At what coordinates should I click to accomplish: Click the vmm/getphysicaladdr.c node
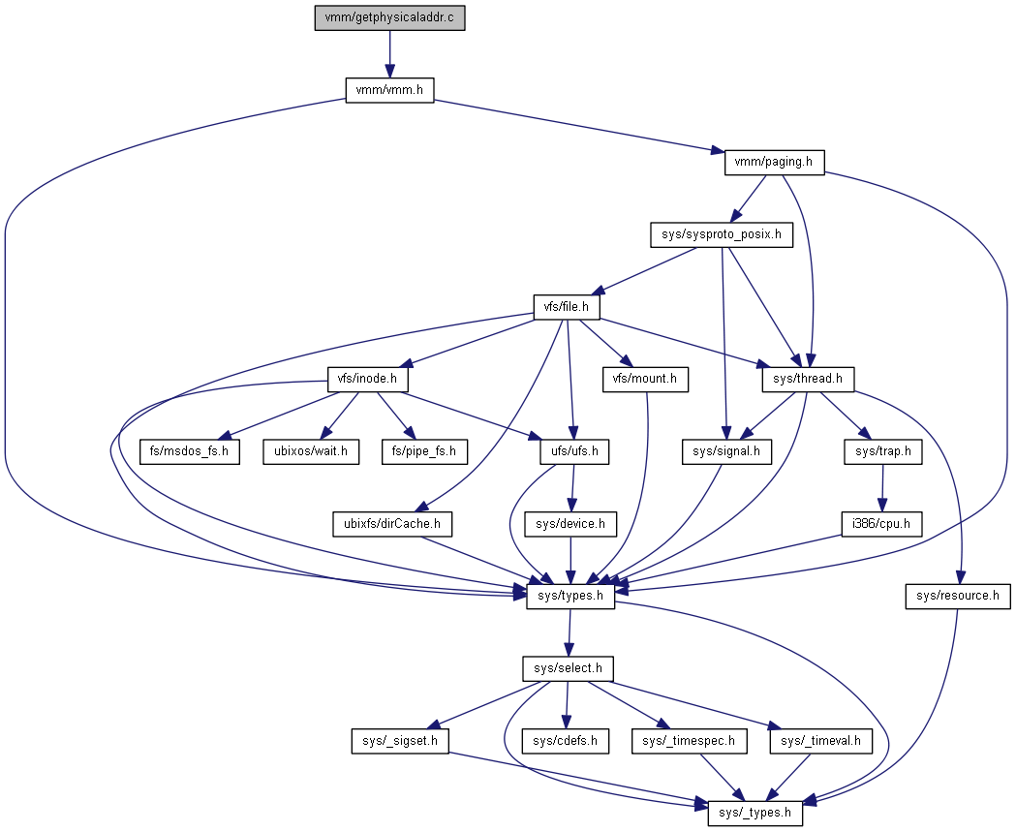click(389, 18)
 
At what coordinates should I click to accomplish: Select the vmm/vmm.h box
click(389, 90)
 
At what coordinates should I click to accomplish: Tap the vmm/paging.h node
click(774, 163)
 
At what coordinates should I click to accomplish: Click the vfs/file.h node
click(567, 308)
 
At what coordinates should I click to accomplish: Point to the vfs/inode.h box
click(366, 380)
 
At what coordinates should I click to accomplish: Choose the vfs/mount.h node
click(645, 380)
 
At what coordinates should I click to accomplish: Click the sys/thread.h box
click(808, 380)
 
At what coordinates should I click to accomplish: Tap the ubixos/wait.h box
click(311, 451)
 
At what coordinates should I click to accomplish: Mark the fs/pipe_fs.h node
click(424, 451)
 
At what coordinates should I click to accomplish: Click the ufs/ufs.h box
click(574, 451)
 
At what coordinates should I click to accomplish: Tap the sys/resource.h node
click(958, 596)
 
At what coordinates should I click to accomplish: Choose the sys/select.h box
click(569, 668)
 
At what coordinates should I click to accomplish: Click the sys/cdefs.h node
click(566, 741)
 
